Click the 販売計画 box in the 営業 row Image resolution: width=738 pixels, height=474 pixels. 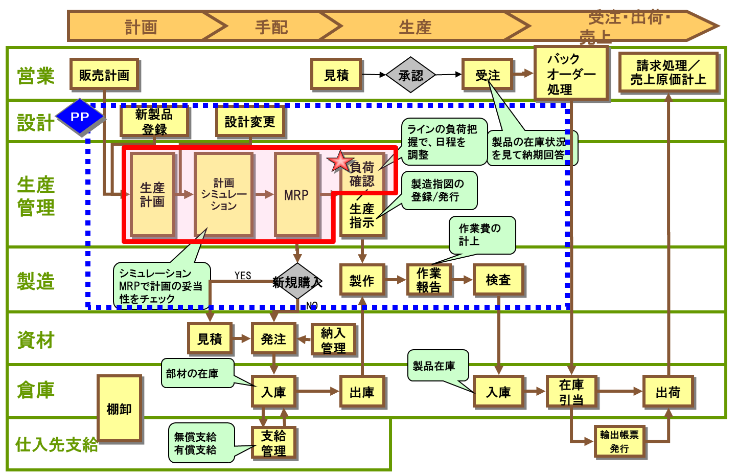(x=104, y=75)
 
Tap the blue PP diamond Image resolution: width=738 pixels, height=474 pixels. (x=80, y=117)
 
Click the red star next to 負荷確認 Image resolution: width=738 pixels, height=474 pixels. (x=340, y=161)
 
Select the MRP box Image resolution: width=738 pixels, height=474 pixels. (x=296, y=195)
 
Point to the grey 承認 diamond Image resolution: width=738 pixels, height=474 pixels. (x=411, y=76)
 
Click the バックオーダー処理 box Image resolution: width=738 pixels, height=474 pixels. (x=571, y=74)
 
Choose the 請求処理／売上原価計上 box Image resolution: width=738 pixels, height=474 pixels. (x=668, y=73)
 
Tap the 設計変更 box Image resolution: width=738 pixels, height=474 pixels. (x=250, y=122)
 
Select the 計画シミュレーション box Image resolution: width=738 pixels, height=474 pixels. (x=224, y=195)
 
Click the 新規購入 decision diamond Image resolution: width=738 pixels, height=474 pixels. (x=297, y=282)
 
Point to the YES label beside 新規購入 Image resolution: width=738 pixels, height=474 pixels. (x=243, y=276)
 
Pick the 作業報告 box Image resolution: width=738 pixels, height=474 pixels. (x=429, y=280)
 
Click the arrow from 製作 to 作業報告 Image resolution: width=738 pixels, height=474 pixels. (x=396, y=280)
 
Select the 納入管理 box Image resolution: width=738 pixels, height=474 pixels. (x=333, y=340)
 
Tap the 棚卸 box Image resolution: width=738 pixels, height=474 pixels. (x=119, y=409)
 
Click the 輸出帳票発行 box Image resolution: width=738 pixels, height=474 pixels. (x=619, y=441)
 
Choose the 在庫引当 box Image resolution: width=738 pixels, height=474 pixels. (x=571, y=392)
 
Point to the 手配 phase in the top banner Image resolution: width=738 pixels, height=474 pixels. (x=271, y=27)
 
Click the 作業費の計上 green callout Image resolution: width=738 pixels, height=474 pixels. (x=481, y=235)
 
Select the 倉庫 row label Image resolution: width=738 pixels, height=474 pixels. (x=35, y=390)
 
